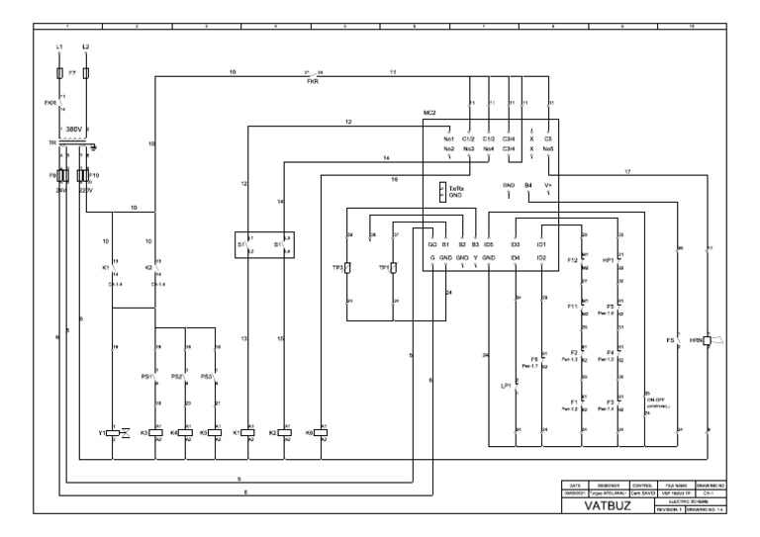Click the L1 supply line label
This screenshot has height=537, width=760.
tap(58, 47)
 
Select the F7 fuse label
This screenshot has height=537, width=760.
tap(72, 73)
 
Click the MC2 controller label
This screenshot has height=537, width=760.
tap(429, 115)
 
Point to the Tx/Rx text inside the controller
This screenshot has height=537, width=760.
tap(457, 187)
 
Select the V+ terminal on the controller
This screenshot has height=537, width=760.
tap(547, 185)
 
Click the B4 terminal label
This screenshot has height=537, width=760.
tap(528, 185)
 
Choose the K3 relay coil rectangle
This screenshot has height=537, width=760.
tap(155, 432)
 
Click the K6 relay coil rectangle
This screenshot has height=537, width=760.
tap(322, 432)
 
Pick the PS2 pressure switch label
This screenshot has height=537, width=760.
tap(177, 377)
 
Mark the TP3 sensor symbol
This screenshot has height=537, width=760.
tap(348, 268)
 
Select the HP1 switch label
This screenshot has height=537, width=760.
tap(609, 260)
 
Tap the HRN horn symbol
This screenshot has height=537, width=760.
tap(708, 340)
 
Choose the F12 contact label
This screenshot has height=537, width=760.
tap(572, 260)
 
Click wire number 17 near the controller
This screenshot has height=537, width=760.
tap(626, 172)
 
